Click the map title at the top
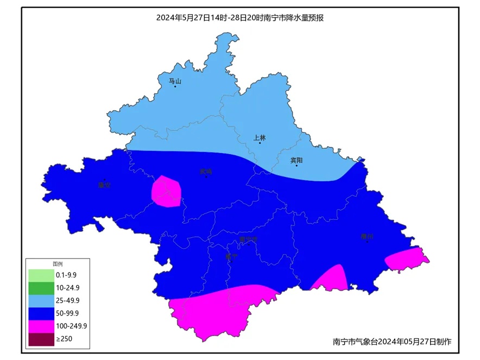pyautogui.click(x=240, y=17)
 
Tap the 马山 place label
pyautogui.click(x=174, y=81)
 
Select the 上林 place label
pyautogui.click(x=260, y=137)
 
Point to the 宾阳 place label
pyautogui.click(x=296, y=160)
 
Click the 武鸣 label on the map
pyautogui.click(x=206, y=172)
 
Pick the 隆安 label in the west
pyautogui.click(x=104, y=185)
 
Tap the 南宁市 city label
pyautogui.click(x=248, y=239)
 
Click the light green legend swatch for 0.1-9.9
pyautogui.click(x=41, y=275)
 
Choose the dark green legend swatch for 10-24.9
pyautogui.click(x=41, y=287)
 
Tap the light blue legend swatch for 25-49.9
pyautogui.click(x=41, y=300)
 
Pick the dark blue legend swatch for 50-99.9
pyautogui.click(x=41, y=313)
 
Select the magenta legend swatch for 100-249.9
pyautogui.click(x=41, y=326)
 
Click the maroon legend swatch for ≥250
pyautogui.click(x=41, y=339)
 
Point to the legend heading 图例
pyautogui.click(x=58, y=263)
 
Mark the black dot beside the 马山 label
pyautogui.click(x=175, y=87)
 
